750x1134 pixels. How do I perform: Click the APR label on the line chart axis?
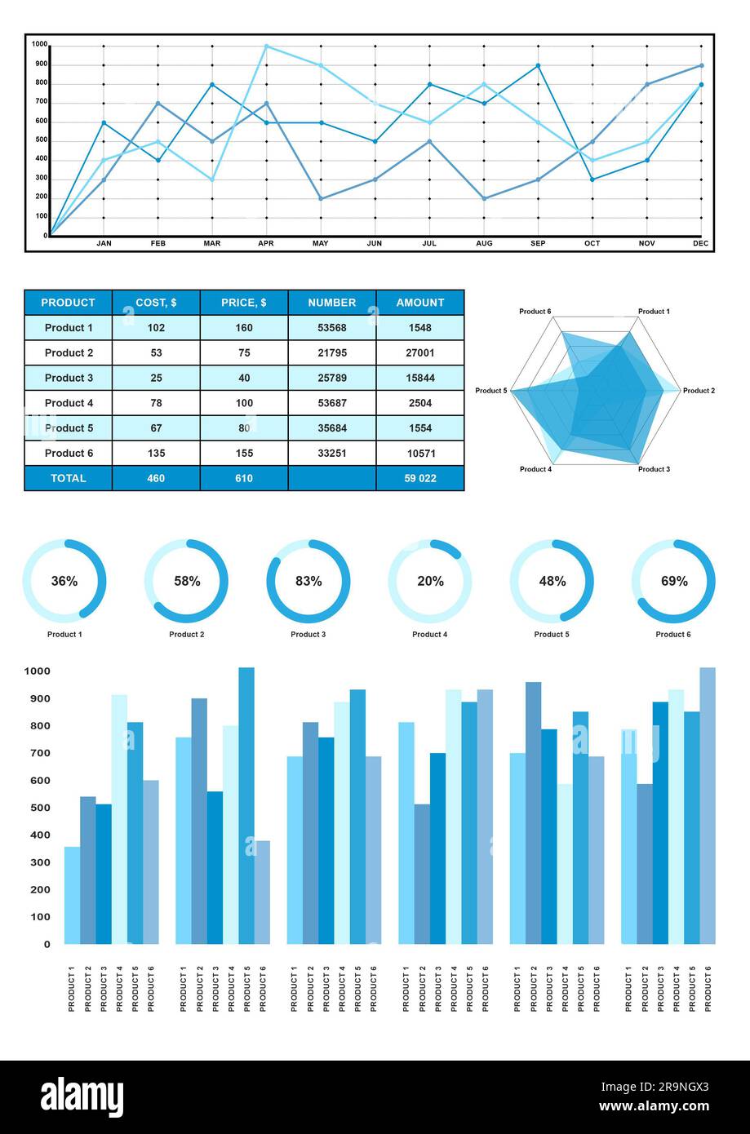pos(265,243)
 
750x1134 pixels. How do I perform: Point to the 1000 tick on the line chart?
pos(39,44)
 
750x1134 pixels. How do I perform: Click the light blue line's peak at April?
pos(266,47)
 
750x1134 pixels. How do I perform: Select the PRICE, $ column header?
pos(243,303)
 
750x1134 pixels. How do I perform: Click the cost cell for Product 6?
pos(156,454)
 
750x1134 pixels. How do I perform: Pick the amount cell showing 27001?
pos(419,353)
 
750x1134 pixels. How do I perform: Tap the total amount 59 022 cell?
pos(419,479)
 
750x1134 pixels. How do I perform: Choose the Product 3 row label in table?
pos(69,379)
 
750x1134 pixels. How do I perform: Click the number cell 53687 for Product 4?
pos(331,403)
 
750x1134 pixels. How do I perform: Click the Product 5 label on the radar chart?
pos(490,391)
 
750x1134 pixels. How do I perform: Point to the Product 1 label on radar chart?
pos(653,312)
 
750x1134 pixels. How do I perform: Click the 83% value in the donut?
pos(308,582)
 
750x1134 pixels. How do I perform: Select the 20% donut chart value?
pos(430,582)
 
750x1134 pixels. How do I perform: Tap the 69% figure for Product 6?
pos(674,582)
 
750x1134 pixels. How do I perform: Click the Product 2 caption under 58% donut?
pos(186,635)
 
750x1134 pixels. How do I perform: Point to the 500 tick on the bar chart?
pos(37,808)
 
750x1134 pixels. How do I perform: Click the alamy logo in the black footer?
pos(82,1096)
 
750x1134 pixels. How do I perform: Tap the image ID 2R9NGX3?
pos(655,1087)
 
